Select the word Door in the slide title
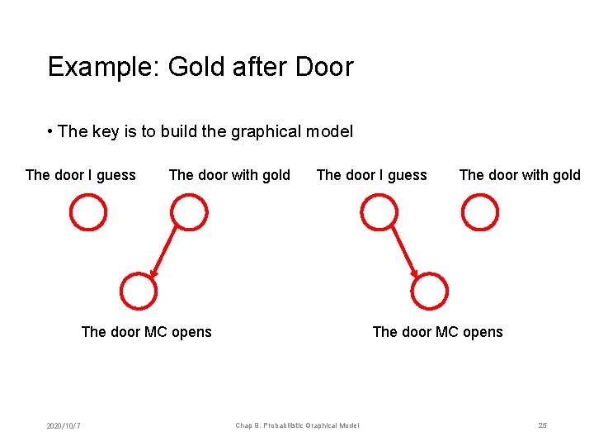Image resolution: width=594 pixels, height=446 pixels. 324,67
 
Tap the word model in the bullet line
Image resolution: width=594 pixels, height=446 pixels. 329,131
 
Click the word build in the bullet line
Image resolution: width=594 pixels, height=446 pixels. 181,131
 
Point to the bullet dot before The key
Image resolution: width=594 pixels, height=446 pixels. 51,131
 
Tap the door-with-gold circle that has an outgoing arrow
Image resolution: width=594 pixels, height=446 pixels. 189,212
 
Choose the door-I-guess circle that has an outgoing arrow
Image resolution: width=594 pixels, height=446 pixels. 379,212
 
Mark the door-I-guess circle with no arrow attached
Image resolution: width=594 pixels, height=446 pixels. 88,212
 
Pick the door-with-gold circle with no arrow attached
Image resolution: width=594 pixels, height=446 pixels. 480,212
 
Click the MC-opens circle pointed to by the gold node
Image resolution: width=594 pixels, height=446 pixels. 138,291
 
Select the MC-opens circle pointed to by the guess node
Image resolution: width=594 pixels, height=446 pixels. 430,291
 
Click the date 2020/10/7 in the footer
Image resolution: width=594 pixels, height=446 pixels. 64,426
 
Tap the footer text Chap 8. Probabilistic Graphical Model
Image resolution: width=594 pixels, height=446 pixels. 297,426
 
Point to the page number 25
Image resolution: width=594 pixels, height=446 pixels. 542,425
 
